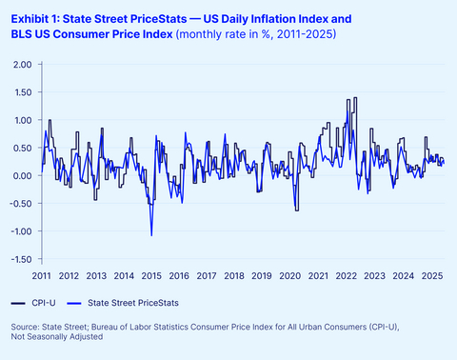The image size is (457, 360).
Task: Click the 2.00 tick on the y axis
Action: click(22, 65)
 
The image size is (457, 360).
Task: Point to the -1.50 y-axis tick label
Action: click(20, 259)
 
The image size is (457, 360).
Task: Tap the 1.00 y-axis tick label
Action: click(22, 120)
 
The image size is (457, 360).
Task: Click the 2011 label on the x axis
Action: click(41, 276)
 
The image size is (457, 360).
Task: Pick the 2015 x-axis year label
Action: click(151, 276)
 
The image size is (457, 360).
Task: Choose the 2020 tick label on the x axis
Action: click(289, 276)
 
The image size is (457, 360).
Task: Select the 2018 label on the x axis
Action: click(234, 276)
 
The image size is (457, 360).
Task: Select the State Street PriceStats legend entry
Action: click(132, 302)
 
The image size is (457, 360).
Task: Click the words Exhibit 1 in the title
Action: click(32, 18)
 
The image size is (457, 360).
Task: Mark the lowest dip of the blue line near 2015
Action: click(150, 235)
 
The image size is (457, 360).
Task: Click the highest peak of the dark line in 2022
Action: click(355, 98)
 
